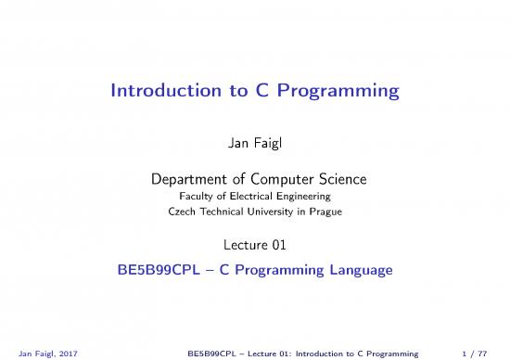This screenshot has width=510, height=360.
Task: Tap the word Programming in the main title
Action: point(341,92)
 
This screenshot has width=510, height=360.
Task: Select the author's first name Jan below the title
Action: point(237,144)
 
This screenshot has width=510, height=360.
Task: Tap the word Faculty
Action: point(195,195)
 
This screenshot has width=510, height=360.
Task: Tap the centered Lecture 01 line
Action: point(254,246)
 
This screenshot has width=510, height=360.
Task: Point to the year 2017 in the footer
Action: point(66,353)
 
